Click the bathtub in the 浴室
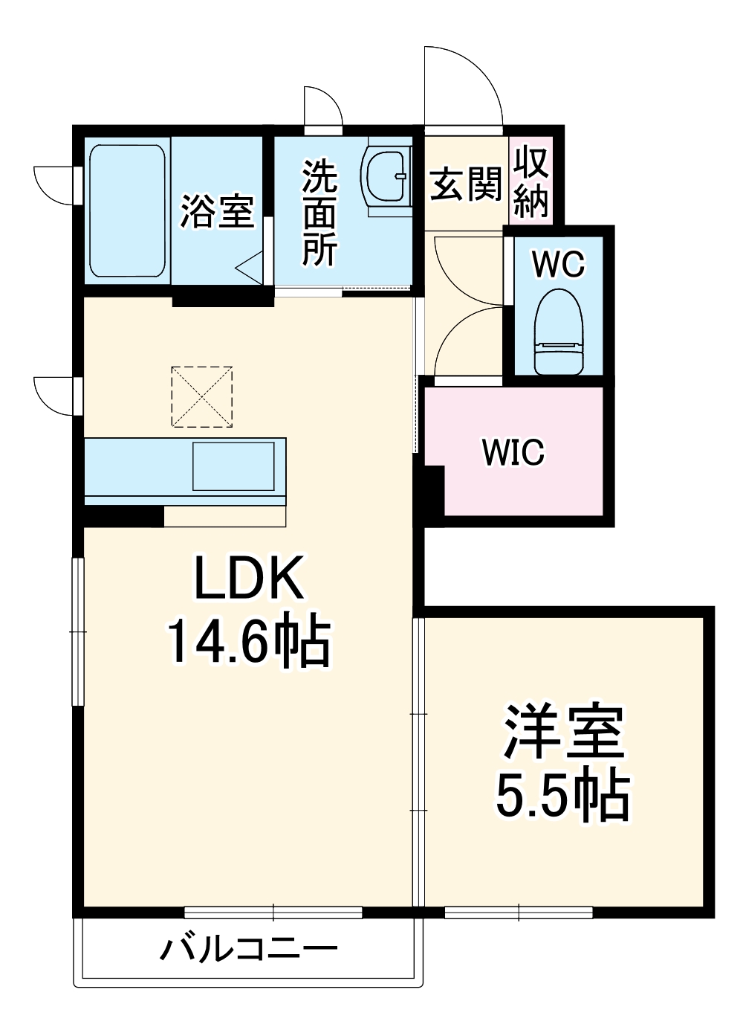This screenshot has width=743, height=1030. coord(127,210)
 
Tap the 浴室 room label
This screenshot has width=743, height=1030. coord(218,211)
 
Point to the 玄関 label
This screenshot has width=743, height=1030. coord(466,184)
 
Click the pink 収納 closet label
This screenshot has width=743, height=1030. coord(531,182)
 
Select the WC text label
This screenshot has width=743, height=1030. coord(559,264)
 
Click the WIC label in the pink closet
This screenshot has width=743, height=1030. coord(513,451)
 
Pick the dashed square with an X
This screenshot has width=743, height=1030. coord(201,396)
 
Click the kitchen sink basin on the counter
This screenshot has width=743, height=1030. coord(233,466)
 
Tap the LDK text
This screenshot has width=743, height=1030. coord(249,579)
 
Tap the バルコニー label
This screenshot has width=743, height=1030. coord(249,949)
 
